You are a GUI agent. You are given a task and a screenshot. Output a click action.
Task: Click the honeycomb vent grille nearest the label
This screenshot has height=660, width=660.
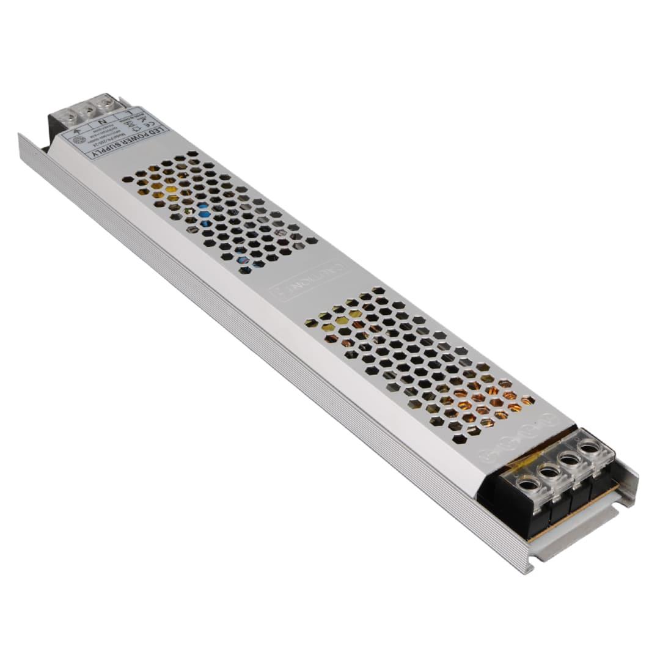point(220,211)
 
